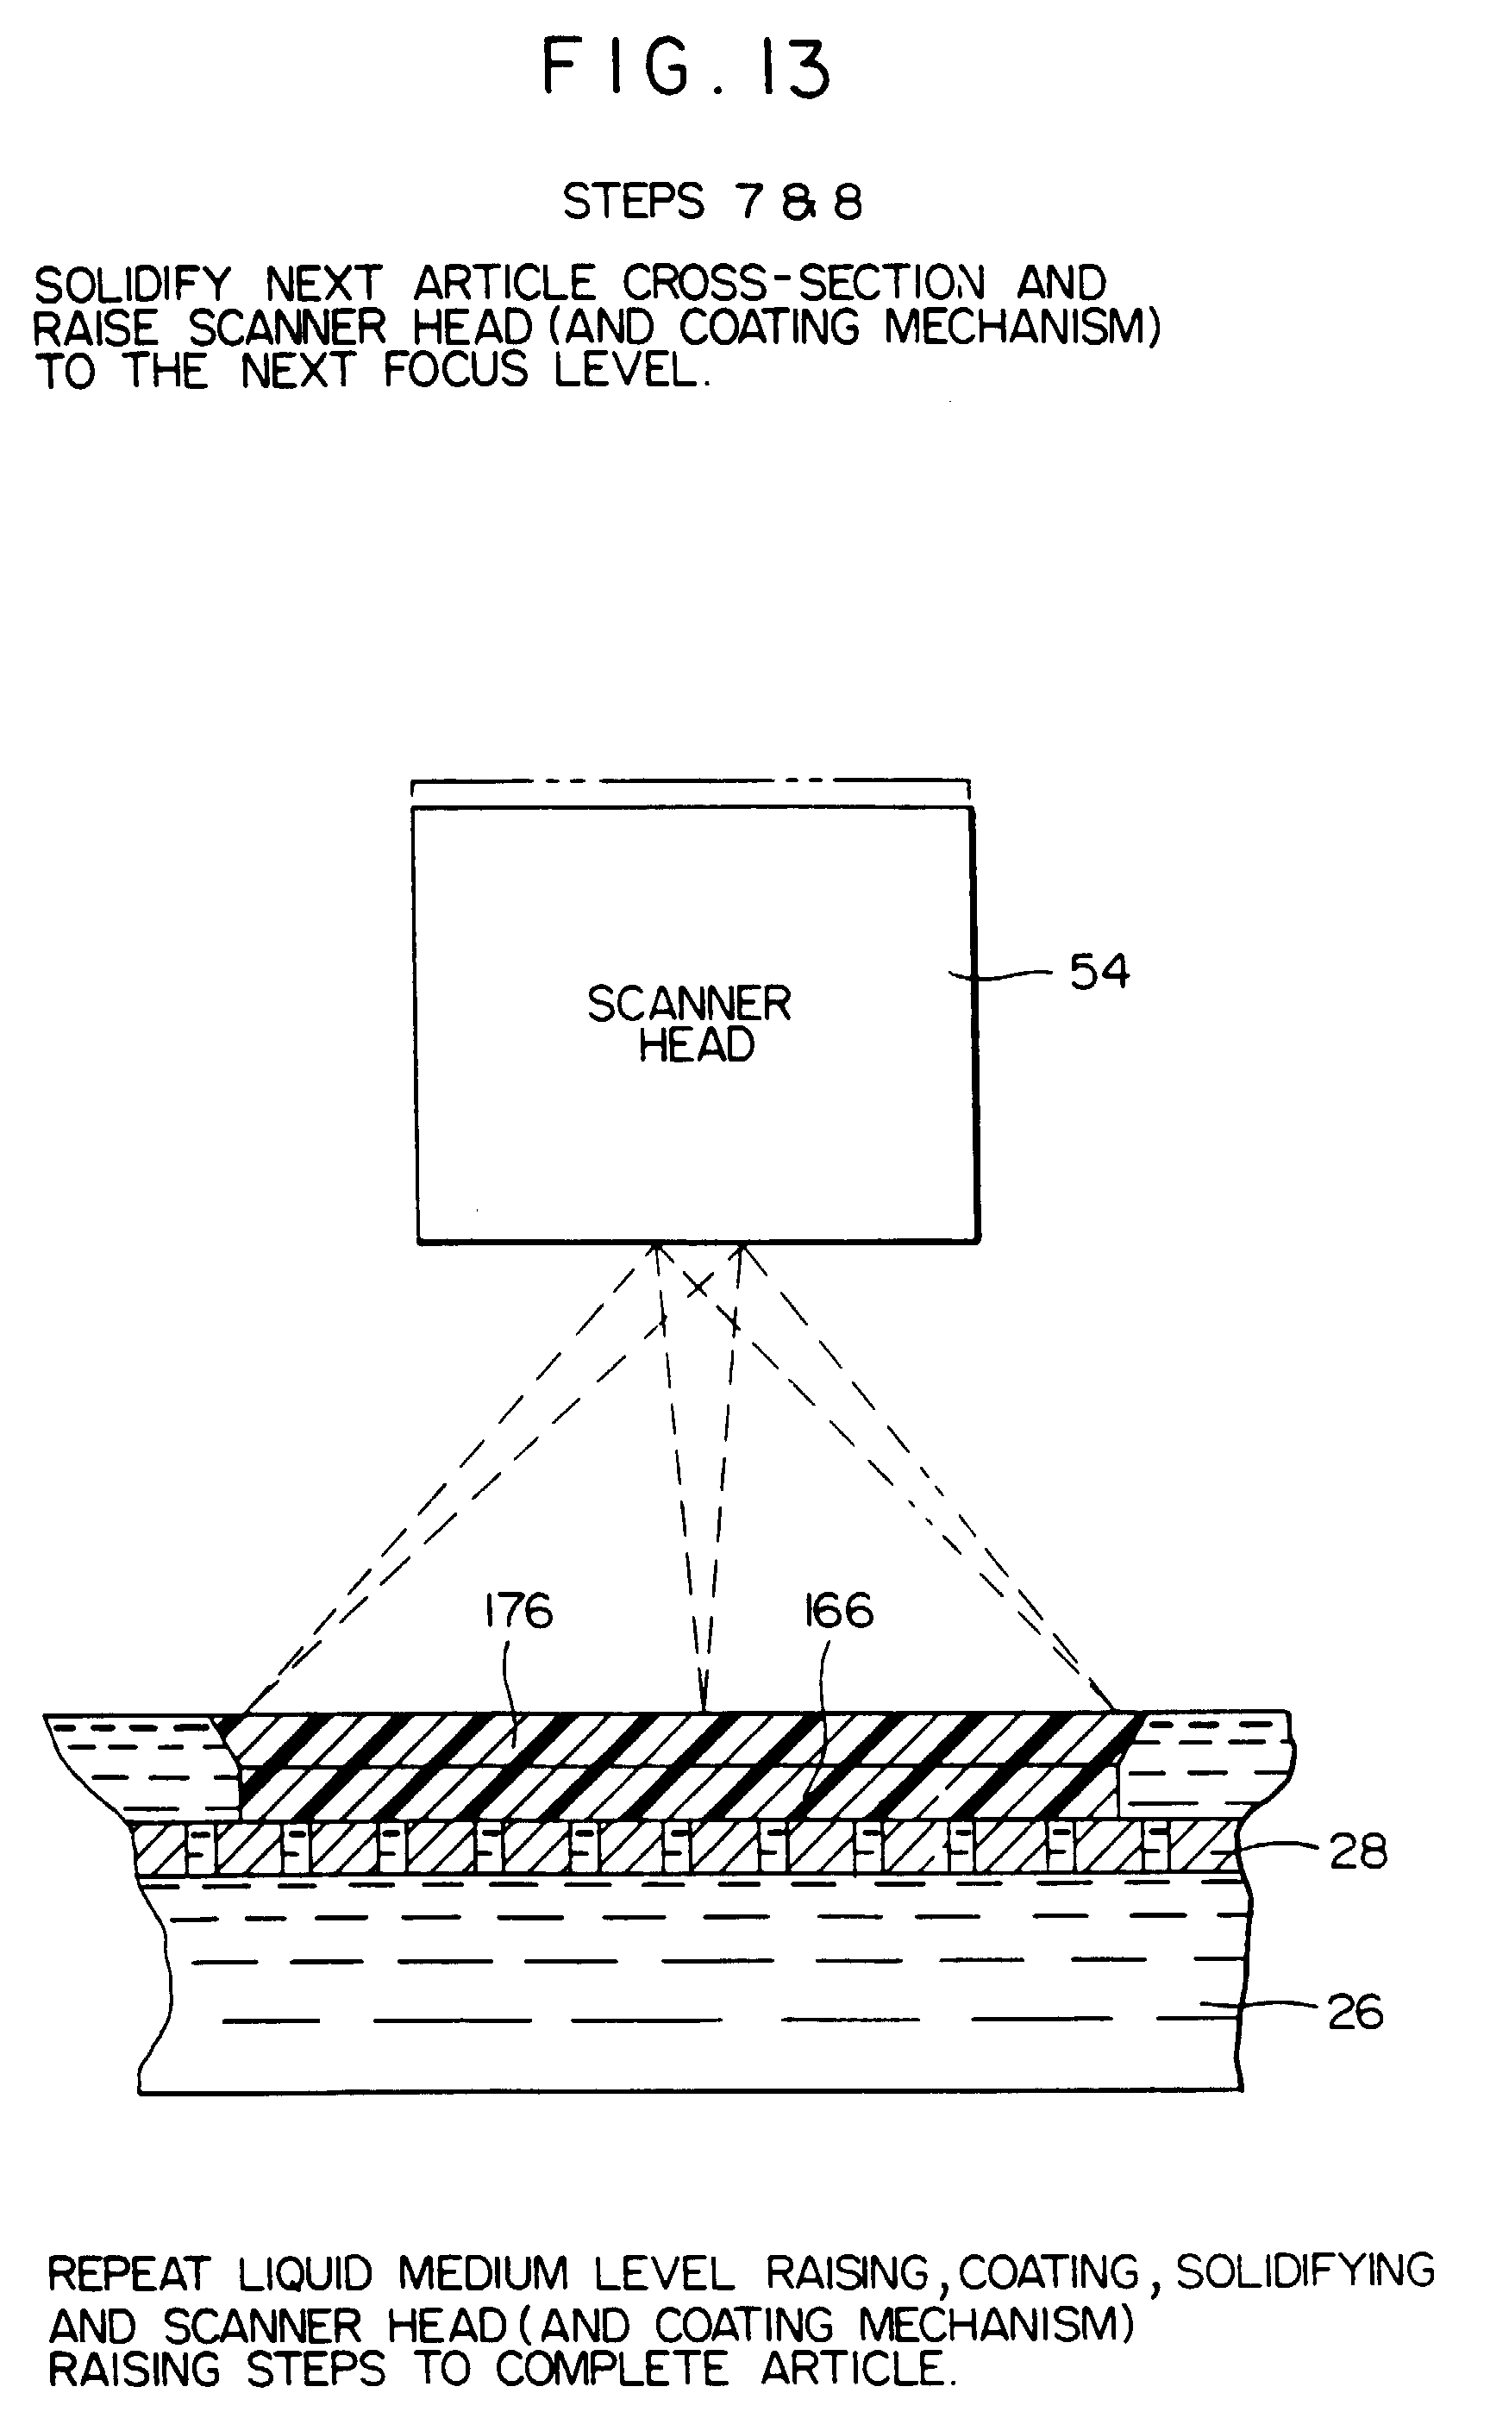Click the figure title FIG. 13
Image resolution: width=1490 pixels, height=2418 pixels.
coord(687,69)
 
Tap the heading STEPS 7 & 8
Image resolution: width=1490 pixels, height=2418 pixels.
coord(711,203)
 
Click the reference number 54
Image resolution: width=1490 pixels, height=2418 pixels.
coord(1099,973)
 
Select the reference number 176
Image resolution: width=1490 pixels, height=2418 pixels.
coord(518,1612)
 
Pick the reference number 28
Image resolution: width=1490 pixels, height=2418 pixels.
coord(1358,1852)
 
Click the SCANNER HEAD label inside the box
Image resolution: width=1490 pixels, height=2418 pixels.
coord(690,1024)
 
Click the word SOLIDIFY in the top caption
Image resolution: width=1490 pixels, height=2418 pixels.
coord(132,285)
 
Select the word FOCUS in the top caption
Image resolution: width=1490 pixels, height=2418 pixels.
coord(456,372)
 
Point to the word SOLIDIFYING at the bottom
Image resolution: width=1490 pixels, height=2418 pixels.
coord(1305,2271)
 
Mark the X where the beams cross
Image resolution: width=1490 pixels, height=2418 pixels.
coord(698,1285)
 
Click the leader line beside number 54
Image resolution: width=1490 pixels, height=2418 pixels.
coord(1005,975)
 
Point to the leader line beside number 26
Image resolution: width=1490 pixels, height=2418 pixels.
coord(1267,2005)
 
